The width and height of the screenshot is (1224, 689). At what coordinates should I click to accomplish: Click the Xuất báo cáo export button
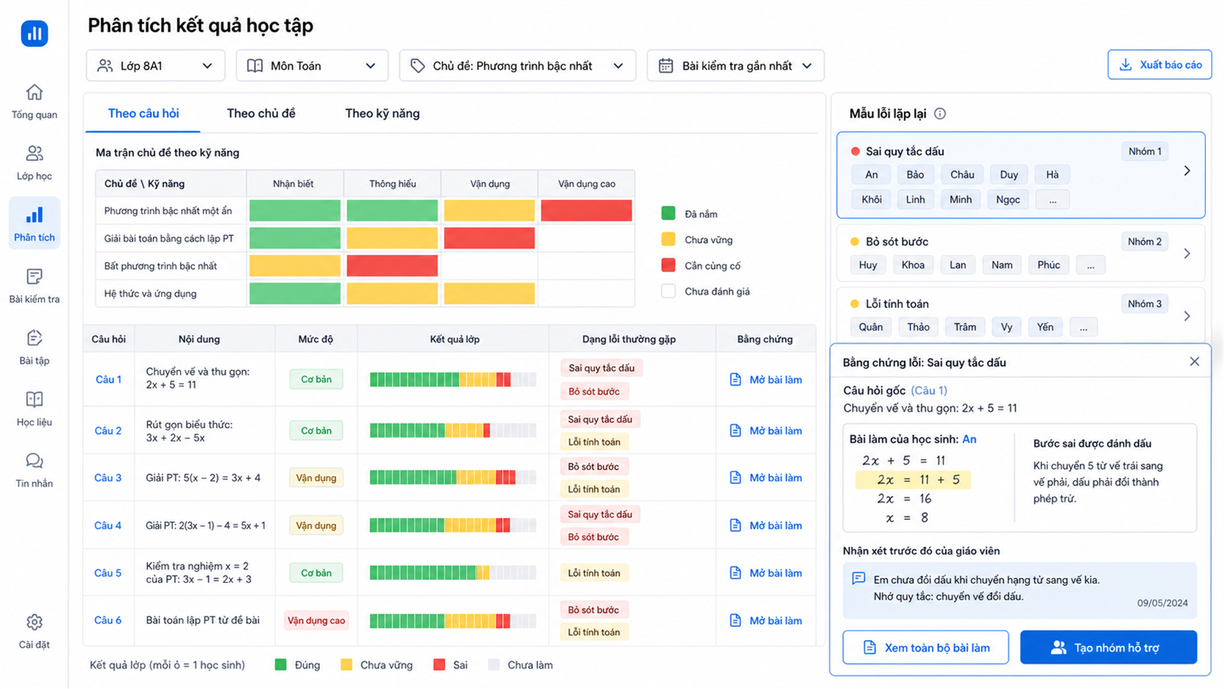[x=1159, y=65]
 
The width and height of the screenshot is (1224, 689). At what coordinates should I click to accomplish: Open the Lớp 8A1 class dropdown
[x=155, y=65]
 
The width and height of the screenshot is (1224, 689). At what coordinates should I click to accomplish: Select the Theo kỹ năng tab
[x=382, y=113]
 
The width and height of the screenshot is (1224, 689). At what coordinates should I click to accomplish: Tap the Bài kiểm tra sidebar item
[x=34, y=286]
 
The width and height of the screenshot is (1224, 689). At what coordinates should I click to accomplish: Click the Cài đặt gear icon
[x=34, y=622]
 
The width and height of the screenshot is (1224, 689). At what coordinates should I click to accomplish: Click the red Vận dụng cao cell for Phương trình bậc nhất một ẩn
[x=586, y=211]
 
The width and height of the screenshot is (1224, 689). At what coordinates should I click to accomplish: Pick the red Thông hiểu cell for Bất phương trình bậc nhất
[x=392, y=266]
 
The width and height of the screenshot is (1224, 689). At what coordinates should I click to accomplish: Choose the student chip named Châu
[x=962, y=175]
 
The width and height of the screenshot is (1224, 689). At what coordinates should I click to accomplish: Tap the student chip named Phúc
[x=1049, y=266]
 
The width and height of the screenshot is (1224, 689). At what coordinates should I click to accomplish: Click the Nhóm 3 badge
[x=1145, y=304]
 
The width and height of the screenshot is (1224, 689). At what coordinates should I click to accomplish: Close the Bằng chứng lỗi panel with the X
[x=1195, y=361]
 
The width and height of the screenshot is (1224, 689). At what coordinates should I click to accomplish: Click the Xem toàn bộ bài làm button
[x=926, y=648]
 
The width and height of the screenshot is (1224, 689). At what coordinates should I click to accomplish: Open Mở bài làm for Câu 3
[x=766, y=478]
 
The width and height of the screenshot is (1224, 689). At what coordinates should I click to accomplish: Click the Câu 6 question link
[x=108, y=620]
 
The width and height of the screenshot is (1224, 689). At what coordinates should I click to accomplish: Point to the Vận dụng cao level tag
[x=316, y=620]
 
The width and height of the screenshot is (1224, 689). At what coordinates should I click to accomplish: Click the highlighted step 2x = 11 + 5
[x=913, y=479]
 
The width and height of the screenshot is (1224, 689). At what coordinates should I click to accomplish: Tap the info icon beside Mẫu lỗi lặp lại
[x=940, y=114]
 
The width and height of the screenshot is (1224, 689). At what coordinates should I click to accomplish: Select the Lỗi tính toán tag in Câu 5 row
[x=594, y=573]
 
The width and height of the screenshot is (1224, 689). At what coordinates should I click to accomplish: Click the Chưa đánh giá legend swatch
[x=669, y=291]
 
